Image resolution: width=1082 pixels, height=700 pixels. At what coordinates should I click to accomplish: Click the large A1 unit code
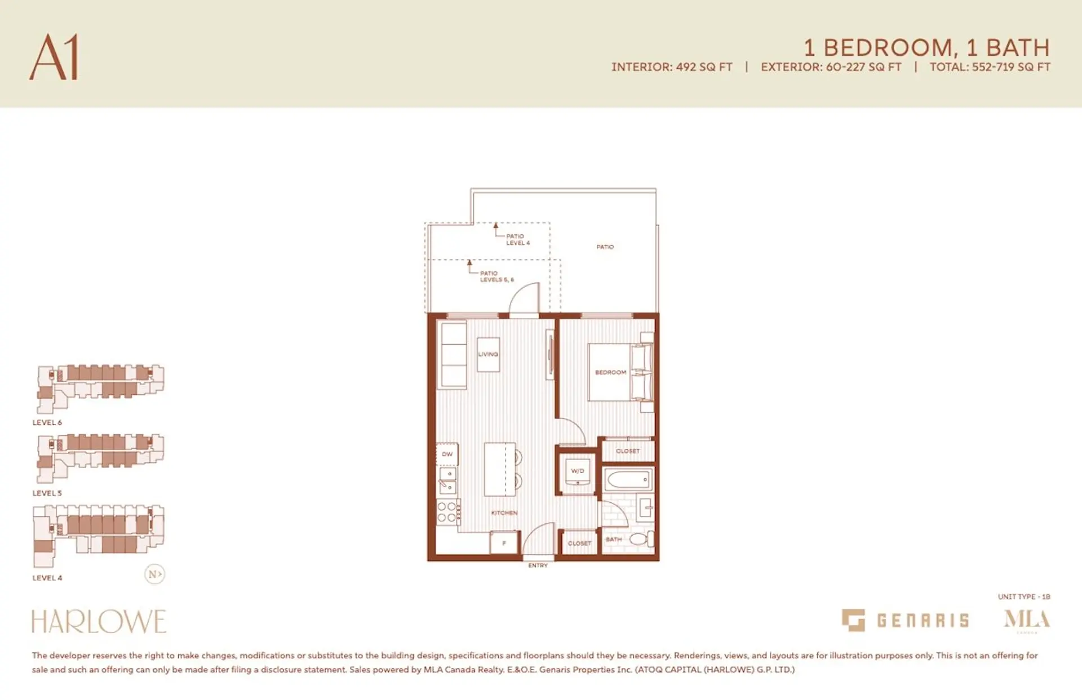coord(54,57)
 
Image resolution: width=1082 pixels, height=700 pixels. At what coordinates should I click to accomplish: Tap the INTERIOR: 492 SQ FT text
coord(672,67)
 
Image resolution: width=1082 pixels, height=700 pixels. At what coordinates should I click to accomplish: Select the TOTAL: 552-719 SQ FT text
coord(990,67)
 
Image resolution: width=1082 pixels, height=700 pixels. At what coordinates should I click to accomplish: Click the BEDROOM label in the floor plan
coord(610,372)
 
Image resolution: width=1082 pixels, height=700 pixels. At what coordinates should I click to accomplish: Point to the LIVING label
coord(488,354)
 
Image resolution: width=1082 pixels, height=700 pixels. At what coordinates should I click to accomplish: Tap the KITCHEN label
coord(504,513)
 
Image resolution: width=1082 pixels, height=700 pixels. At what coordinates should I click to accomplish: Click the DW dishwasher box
coord(447,454)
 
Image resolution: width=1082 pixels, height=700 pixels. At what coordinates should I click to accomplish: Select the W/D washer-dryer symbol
coord(578,472)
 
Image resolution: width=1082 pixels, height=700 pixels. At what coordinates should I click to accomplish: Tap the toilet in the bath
coord(641,539)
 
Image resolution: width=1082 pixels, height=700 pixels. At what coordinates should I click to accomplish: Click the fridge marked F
coord(504,543)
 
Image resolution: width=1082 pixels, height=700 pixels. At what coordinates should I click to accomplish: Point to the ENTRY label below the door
coord(538,565)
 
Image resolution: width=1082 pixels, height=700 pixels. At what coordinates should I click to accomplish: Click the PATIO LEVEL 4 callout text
coord(517,239)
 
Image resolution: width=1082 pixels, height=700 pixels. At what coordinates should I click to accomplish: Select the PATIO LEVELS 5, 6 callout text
coord(496,277)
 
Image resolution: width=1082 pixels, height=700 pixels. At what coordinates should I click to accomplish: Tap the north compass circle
coord(154,574)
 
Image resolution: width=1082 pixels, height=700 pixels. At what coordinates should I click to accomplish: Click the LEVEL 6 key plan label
coord(47,422)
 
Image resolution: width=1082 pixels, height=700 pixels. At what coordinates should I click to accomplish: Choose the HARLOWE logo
coord(99,622)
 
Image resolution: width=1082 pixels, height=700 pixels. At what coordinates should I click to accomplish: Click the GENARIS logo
coord(905,621)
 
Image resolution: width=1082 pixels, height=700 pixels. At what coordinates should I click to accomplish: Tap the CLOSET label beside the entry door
coord(579,543)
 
